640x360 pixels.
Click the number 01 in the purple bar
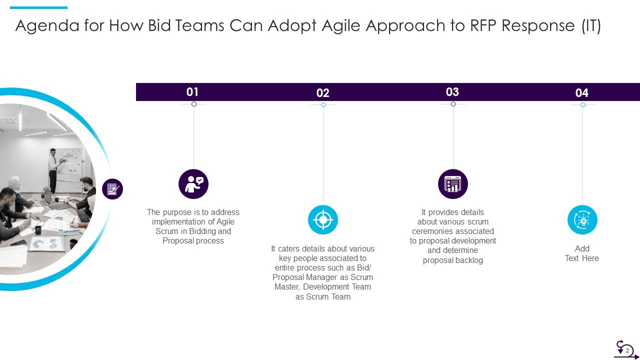(192, 92)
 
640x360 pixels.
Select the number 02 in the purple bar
(323, 93)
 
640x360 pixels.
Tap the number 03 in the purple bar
(452, 92)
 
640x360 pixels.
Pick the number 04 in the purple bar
(582, 93)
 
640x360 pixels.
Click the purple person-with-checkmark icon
(193, 184)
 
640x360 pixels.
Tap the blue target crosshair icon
(323, 220)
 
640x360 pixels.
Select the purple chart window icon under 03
(453, 184)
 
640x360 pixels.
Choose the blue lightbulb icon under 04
(582, 220)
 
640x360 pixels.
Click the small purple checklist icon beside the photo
(112, 189)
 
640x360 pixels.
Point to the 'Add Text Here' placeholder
(582, 253)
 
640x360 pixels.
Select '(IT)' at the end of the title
(590, 25)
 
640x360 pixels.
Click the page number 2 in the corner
(627, 350)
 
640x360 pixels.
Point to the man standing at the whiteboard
(53, 170)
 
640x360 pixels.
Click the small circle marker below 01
(194, 104)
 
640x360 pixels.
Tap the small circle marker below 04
(582, 105)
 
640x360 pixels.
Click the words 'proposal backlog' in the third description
(453, 260)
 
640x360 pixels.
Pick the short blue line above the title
(38, 7)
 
